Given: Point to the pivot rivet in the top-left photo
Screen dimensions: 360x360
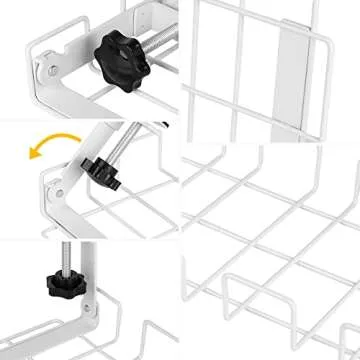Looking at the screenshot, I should pos(46,71).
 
